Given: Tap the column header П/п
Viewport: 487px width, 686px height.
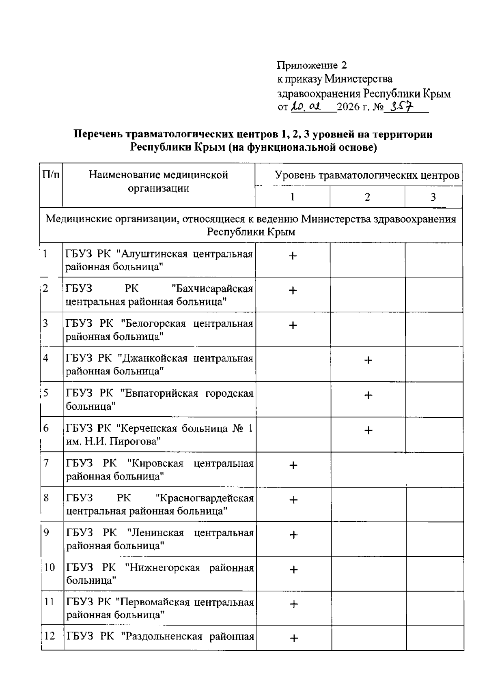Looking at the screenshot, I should point(51,175).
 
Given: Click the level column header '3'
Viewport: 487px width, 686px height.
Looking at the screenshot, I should point(433,197).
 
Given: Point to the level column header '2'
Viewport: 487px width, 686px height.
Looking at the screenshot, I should point(367,197).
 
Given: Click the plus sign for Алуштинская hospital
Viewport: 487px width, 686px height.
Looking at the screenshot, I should point(293,256).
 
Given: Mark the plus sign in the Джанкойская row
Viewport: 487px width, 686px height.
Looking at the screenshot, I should point(368,360).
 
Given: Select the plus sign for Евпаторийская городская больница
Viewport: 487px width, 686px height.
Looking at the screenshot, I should point(368,395).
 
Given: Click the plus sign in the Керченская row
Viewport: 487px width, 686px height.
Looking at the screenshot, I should point(368,430).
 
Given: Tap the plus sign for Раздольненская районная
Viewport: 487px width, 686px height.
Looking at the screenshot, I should point(293,639).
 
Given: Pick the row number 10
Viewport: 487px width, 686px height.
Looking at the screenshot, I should point(49,567).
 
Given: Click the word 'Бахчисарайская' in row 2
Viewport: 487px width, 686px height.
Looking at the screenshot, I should point(212,289).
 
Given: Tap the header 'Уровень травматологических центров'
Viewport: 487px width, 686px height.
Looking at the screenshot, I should point(367,176).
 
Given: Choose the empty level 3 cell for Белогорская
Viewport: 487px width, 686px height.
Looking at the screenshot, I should point(434,329).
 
